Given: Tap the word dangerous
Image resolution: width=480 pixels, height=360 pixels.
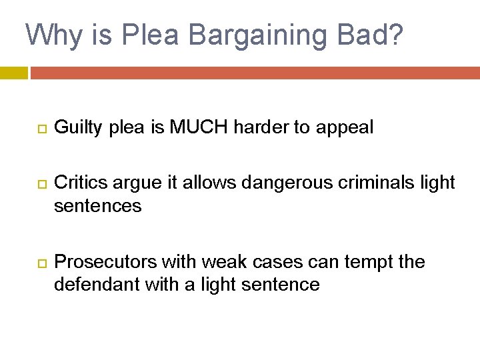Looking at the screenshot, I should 252,182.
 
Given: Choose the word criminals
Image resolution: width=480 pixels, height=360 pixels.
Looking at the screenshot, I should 344,182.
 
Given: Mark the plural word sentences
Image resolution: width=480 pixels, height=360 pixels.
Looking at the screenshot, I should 98,206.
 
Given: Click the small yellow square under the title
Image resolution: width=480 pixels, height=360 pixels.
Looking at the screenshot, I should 14,73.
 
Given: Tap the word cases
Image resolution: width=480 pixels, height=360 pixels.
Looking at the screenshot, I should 263,261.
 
